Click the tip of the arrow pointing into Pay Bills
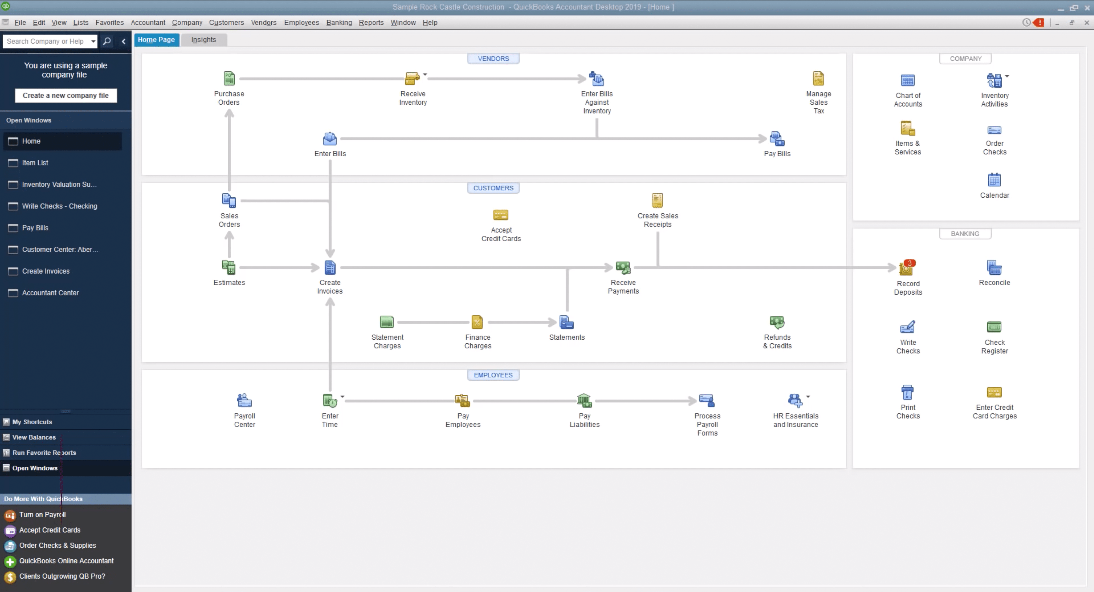click(x=767, y=138)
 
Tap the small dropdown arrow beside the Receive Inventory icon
click(x=425, y=74)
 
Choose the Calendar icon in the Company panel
click(x=994, y=180)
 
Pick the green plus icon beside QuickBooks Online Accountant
click(x=10, y=561)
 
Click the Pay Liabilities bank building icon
click(x=584, y=400)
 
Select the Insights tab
click(x=203, y=39)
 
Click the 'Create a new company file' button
click(x=66, y=96)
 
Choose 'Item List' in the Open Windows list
click(x=35, y=163)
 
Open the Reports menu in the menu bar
click(x=371, y=23)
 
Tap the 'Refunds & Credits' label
click(x=777, y=341)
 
